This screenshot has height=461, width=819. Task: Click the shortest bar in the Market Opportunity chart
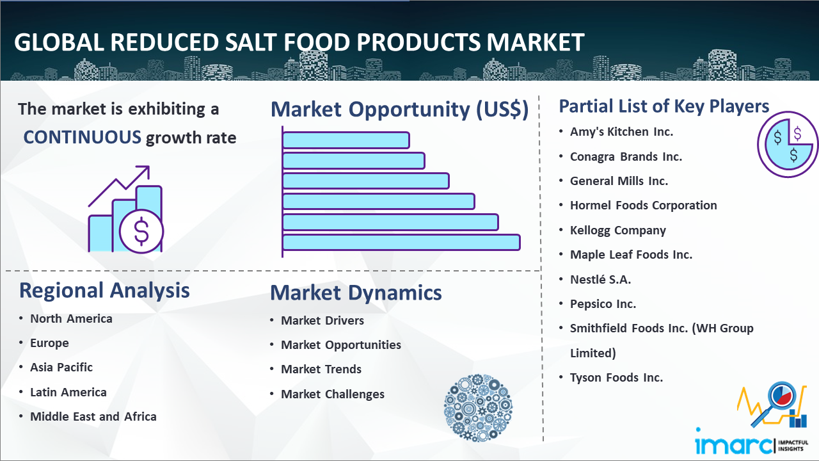coord(346,140)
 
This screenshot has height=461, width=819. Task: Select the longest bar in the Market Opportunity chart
coord(401,243)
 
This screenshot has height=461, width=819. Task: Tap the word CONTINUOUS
coord(83,138)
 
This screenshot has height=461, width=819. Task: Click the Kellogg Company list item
coord(618,230)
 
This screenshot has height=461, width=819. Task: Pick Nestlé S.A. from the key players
coord(600,280)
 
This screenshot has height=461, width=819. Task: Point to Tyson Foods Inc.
coord(616,377)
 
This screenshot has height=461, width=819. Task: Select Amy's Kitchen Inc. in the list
coord(621,132)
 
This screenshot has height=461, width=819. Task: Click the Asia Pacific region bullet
coord(61,367)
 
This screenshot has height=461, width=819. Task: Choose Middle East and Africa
coord(93,416)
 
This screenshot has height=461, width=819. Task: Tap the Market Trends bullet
coord(321,369)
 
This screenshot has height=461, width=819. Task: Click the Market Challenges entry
coord(333,394)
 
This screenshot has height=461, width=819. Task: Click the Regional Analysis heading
coord(104,291)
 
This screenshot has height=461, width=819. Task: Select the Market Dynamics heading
coord(356,293)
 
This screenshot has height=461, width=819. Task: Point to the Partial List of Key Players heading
coord(664,106)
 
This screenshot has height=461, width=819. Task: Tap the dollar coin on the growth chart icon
coord(141,232)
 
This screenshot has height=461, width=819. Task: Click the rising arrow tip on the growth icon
coord(148,167)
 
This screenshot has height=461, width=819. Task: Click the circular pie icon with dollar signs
coord(788,145)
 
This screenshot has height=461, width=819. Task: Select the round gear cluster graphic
coord(478,407)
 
